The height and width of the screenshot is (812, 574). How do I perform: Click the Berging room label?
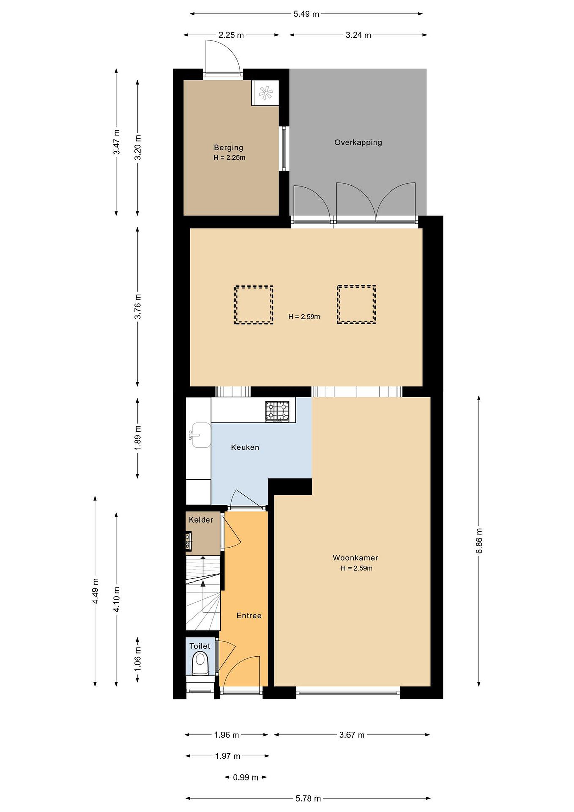[228, 147]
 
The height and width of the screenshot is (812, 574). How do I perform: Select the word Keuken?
[245, 447]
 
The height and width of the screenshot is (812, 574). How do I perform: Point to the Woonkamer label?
[355, 558]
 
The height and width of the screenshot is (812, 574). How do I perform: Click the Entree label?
[249, 616]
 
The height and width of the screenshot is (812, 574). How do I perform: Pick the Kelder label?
[201, 520]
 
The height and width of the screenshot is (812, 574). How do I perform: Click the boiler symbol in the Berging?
[265, 93]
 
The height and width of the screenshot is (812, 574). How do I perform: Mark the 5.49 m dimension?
[306, 14]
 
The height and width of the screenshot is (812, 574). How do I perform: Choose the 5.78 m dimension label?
[308, 798]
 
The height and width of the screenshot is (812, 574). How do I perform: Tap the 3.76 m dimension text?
[138, 306]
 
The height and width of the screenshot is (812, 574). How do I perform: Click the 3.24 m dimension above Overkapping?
[358, 35]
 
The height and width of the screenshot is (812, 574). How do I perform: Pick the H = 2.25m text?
[229, 158]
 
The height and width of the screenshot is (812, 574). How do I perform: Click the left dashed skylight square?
[254, 305]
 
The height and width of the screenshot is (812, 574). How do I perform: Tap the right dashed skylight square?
[356, 304]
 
